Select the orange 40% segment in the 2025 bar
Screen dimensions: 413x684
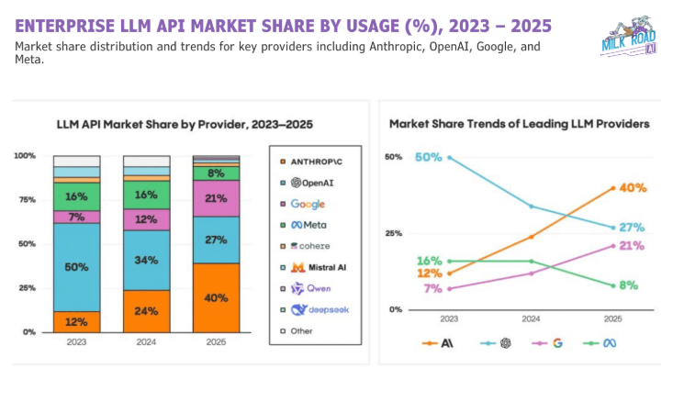tap(216, 297)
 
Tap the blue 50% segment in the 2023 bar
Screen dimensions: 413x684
tap(76, 267)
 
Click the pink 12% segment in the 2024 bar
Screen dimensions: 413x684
tap(146, 220)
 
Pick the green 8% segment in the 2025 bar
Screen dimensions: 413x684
tap(216, 173)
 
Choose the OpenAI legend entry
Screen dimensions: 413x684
tap(309, 183)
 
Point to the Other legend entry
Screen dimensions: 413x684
tap(304, 330)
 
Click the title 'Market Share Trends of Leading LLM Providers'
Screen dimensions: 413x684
tap(520, 123)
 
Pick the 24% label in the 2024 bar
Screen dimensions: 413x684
tap(146, 310)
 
